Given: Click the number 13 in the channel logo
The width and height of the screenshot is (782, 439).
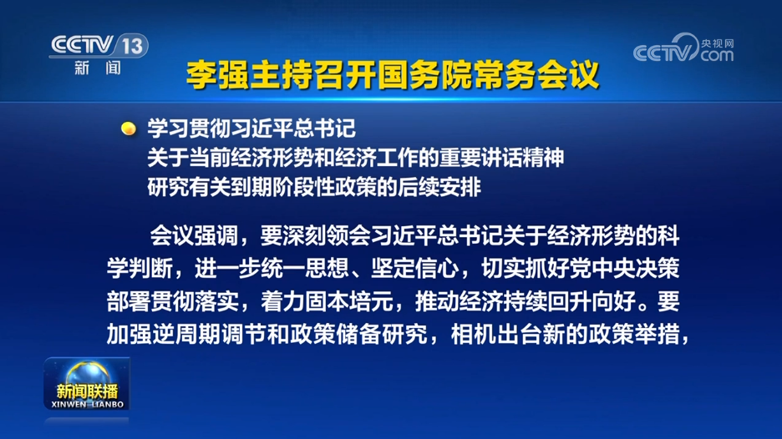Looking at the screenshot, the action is click(x=133, y=47).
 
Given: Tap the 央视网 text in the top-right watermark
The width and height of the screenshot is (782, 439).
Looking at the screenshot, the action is click(x=717, y=43).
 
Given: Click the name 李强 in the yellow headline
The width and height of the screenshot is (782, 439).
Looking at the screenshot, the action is click(x=217, y=75).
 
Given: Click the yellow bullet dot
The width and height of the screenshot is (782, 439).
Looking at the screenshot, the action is click(x=129, y=129).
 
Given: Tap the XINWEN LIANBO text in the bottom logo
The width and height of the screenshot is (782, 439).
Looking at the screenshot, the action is click(x=87, y=404).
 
